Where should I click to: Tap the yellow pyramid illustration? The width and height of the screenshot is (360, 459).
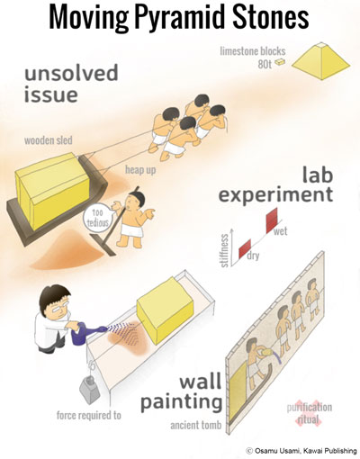click(x=320, y=61)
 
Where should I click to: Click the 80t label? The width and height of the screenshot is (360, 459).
click(x=265, y=64)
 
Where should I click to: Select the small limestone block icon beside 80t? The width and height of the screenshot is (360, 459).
click(x=280, y=62)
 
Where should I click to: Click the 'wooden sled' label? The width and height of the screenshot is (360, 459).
click(x=49, y=140)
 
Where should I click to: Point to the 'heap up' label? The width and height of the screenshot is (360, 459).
click(x=140, y=170)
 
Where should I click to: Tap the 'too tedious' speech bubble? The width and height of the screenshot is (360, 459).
click(x=97, y=218)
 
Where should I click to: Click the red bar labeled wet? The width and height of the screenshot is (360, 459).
click(x=273, y=220)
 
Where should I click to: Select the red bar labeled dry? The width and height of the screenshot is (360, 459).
click(x=245, y=248)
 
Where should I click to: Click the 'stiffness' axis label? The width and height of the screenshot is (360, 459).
click(x=224, y=250)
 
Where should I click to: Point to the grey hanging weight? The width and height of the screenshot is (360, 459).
click(x=89, y=389)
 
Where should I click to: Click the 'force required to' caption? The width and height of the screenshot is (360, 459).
click(x=89, y=415)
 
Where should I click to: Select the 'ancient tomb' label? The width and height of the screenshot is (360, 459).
click(x=196, y=425)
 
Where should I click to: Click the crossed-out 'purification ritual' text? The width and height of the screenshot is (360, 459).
click(x=310, y=413)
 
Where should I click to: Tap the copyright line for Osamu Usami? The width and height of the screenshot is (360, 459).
click(x=301, y=451)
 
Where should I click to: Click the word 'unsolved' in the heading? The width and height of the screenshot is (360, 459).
click(x=71, y=74)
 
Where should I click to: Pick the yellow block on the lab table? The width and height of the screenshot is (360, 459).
click(x=165, y=310)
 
